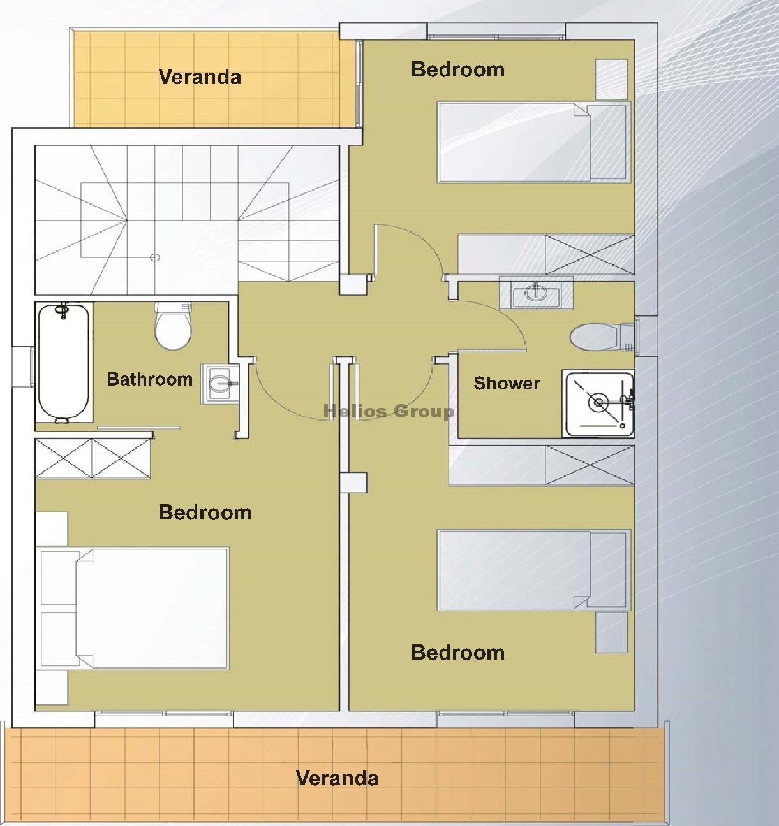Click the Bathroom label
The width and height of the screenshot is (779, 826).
(x=149, y=379)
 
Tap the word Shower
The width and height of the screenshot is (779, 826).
(x=507, y=383)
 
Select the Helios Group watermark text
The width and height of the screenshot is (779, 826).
(x=389, y=412)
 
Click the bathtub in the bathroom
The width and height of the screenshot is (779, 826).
(x=64, y=363)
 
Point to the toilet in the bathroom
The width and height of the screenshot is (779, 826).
(x=173, y=326)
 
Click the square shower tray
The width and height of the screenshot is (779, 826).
(x=598, y=403)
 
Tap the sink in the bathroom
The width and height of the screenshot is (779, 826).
(x=220, y=384)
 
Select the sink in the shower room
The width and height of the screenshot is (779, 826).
(x=537, y=293)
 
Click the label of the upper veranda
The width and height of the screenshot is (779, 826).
(x=200, y=77)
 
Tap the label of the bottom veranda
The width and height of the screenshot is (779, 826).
(x=338, y=778)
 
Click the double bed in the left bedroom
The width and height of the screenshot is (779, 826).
(x=133, y=609)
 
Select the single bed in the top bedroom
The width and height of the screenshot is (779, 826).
(x=534, y=142)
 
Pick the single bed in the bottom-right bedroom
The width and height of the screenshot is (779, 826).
(x=534, y=570)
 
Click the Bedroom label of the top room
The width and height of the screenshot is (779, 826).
(x=458, y=69)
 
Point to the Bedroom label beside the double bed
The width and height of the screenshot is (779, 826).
(x=205, y=512)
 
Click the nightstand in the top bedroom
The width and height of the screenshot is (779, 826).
(x=611, y=80)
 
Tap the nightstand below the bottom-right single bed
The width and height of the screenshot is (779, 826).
(x=611, y=633)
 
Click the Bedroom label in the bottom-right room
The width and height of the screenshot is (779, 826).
(x=458, y=653)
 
